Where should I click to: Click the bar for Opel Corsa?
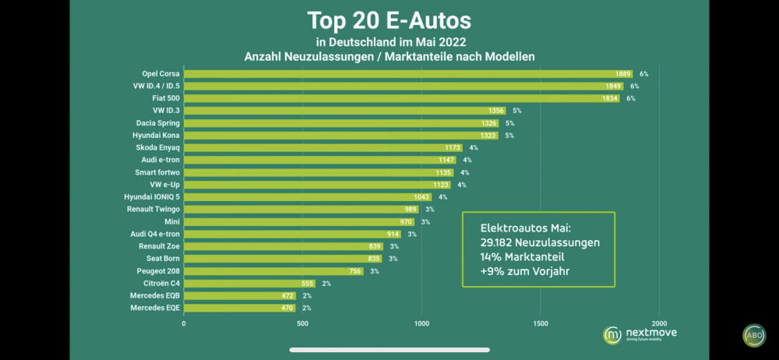[x=408, y=73]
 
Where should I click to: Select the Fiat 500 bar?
[x=402, y=98]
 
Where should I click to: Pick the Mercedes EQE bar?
[x=240, y=308]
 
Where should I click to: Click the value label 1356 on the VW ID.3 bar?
[x=496, y=111]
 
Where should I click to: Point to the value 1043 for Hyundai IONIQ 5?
[x=422, y=197]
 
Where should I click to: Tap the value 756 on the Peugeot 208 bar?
[x=354, y=271]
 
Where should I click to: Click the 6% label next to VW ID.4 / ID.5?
[x=634, y=86]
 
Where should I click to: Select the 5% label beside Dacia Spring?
[x=509, y=123]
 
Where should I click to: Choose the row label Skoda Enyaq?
[x=156, y=147]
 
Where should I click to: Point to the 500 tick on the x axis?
[x=303, y=323]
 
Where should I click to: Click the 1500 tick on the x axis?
[x=541, y=323]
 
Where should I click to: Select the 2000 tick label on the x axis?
[x=660, y=323]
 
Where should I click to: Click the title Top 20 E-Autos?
[x=389, y=19]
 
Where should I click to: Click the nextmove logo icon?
[x=613, y=334]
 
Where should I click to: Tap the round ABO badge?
[x=753, y=335]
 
